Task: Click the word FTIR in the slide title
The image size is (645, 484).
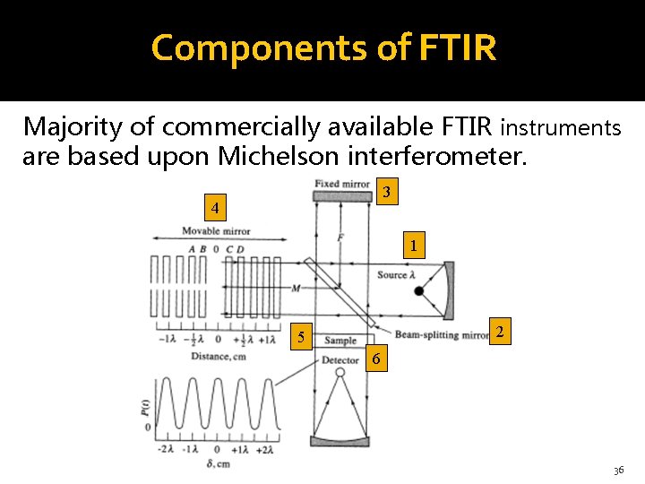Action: tap(455, 48)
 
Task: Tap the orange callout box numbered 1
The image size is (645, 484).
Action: tap(412, 245)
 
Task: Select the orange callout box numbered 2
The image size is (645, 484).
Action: tap(502, 333)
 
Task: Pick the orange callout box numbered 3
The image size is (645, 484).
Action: tap(385, 193)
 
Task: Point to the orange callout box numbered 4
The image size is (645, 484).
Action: tap(214, 209)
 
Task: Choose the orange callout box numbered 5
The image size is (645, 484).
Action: tap(302, 338)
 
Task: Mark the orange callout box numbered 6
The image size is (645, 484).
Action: tap(376, 359)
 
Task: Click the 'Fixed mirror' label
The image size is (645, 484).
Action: tap(342, 185)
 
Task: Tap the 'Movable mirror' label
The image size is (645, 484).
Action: tap(216, 231)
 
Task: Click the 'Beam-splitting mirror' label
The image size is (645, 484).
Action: tap(442, 336)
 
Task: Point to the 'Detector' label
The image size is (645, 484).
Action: tap(340, 360)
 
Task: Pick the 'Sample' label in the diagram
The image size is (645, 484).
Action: tap(340, 341)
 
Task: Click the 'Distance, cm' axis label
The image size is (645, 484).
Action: tap(218, 357)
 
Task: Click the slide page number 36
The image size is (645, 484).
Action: tap(618, 471)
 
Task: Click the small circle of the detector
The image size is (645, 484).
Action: tap(340, 372)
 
